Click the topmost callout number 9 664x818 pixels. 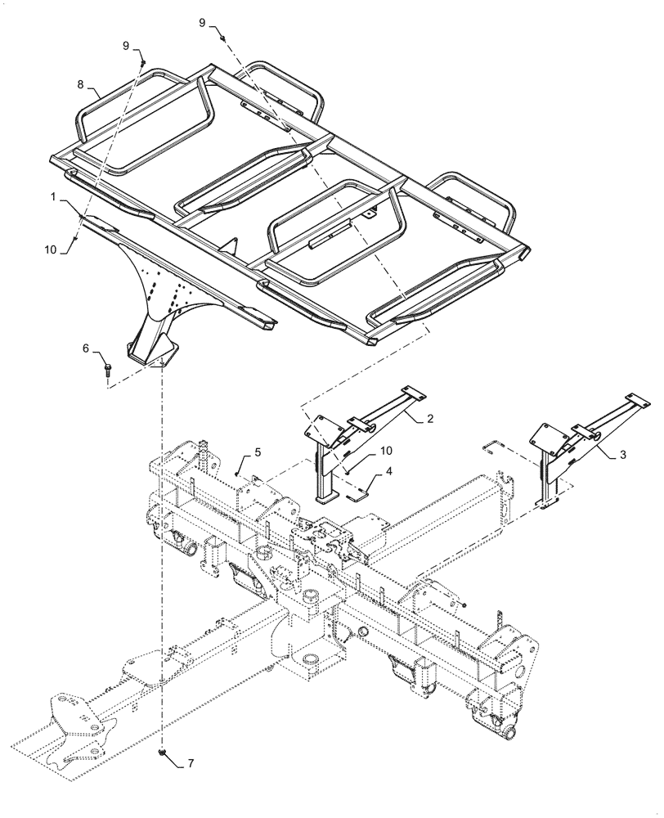(x=202, y=23)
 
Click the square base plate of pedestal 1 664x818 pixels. (x=151, y=354)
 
